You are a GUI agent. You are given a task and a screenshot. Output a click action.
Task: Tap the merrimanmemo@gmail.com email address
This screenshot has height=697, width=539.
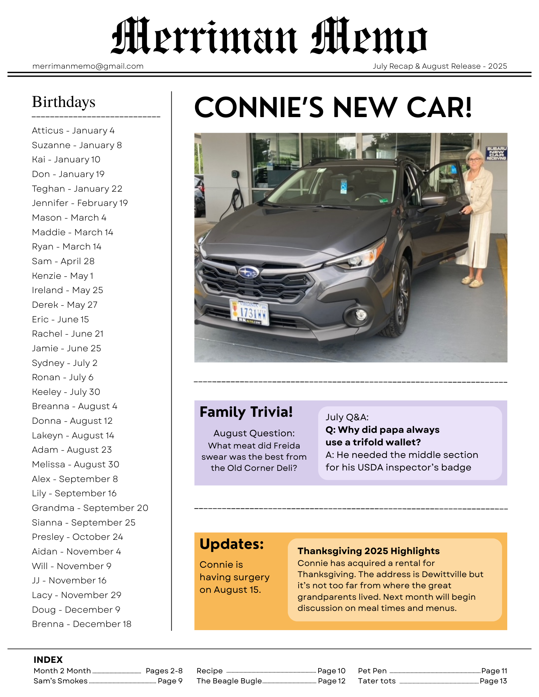(88, 66)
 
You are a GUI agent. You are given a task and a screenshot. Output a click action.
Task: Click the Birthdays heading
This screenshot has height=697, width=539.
(63, 102)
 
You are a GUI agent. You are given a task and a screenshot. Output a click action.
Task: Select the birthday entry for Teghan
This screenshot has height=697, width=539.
(77, 189)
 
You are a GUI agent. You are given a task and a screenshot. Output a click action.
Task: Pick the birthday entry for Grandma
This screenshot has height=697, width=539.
(90, 508)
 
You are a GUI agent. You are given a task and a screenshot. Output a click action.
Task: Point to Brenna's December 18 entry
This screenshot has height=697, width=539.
(82, 624)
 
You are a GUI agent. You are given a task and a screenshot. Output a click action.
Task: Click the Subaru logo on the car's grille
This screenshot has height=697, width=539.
(248, 272)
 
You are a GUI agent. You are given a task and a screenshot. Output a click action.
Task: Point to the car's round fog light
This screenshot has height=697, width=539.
(361, 315)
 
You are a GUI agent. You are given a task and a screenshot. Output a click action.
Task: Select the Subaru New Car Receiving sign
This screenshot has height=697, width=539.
(496, 153)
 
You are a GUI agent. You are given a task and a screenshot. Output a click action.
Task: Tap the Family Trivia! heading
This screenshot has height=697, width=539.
(246, 412)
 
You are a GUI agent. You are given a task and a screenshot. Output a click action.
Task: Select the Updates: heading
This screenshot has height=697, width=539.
(232, 544)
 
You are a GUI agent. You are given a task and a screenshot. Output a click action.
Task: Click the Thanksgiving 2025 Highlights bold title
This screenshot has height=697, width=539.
(368, 551)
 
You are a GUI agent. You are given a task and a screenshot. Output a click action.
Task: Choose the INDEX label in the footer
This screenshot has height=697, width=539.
(48, 660)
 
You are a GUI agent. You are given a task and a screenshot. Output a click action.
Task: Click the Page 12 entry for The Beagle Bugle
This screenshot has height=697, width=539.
(331, 681)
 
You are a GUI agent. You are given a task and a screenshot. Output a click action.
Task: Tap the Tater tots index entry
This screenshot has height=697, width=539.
(377, 681)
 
